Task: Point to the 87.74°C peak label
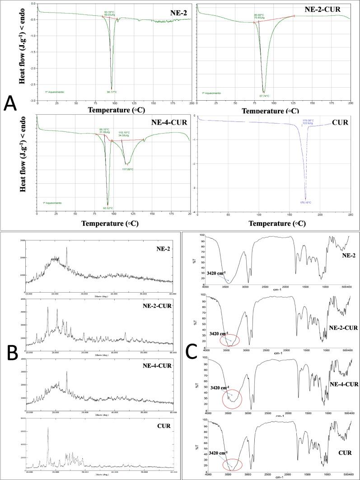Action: (x=264, y=96)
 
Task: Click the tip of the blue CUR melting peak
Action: (x=305, y=199)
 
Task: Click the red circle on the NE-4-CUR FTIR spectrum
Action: (x=233, y=398)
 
